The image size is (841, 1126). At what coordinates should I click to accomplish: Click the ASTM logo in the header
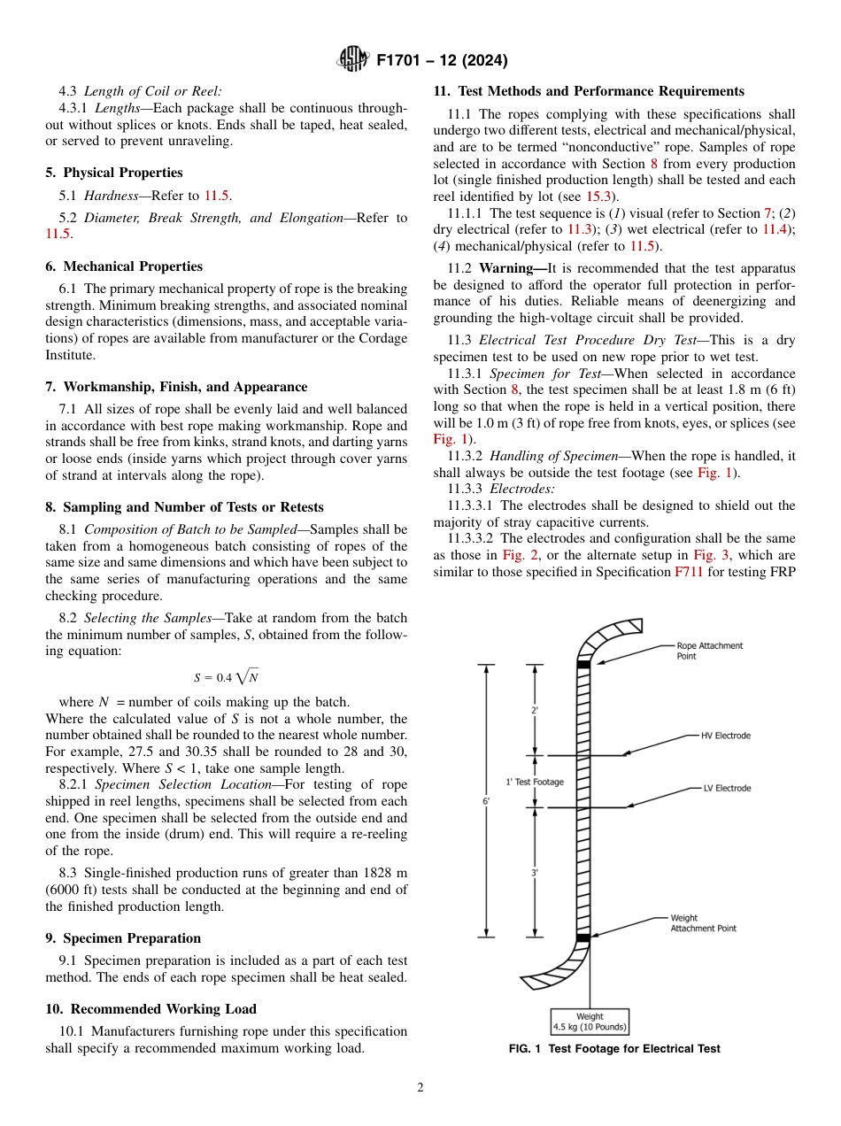tap(353, 60)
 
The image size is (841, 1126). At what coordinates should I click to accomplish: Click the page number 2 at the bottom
tap(420, 1088)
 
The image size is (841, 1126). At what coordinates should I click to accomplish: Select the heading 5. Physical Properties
tap(114, 173)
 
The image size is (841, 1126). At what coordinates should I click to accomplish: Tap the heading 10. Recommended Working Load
tap(151, 1009)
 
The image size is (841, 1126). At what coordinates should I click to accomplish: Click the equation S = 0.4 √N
tap(227, 677)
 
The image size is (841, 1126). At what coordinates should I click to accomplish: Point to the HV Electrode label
tap(725, 736)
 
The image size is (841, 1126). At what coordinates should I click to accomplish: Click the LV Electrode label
tap(727, 788)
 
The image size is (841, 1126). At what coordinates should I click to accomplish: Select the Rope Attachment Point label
tap(709, 651)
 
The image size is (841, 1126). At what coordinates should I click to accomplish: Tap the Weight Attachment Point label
tap(703, 923)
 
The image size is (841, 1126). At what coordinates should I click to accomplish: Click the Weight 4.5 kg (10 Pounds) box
tap(590, 1022)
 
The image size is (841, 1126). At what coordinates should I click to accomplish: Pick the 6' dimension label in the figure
tap(486, 800)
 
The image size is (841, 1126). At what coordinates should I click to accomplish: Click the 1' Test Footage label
tap(535, 782)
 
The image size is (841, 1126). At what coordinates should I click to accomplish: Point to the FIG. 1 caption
tap(614, 1049)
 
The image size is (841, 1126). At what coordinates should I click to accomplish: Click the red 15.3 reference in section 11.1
tap(604, 196)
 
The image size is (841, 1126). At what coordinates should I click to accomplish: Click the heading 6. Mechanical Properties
tap(124, 266)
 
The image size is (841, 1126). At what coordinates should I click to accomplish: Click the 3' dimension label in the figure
tap(535, 872)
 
